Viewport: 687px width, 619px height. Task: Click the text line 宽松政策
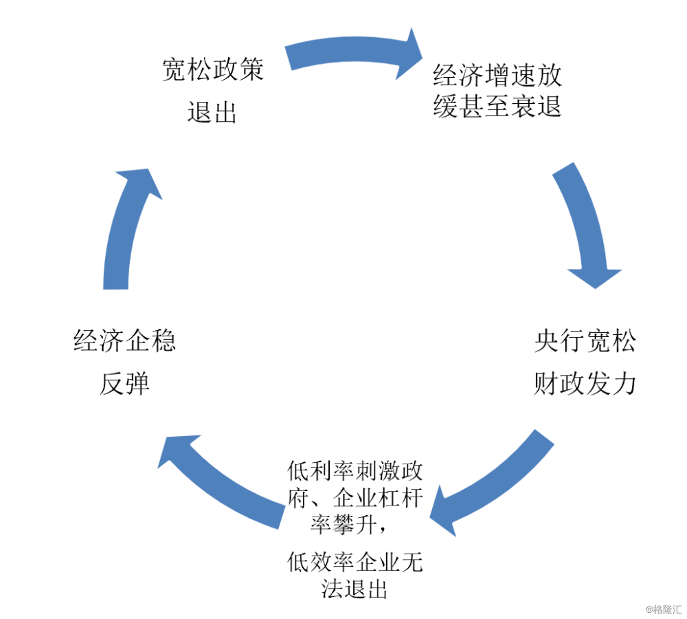213,69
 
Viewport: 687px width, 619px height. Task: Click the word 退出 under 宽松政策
212,112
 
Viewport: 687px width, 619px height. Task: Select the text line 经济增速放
497,75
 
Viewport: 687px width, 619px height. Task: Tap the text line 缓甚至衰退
497,106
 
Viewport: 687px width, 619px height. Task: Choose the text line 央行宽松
585,340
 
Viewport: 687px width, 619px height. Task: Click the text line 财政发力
585,383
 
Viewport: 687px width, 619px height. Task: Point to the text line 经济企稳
125,340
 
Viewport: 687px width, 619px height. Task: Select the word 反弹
125,383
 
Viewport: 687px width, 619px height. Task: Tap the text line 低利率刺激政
355,470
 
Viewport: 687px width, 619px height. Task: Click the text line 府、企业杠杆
355,498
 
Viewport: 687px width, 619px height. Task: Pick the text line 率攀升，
349,524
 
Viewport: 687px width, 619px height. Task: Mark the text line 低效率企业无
355,562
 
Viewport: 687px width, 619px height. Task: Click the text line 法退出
354,589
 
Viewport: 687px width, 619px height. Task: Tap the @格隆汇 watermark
664,609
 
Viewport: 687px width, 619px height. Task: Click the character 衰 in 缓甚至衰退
523,106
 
